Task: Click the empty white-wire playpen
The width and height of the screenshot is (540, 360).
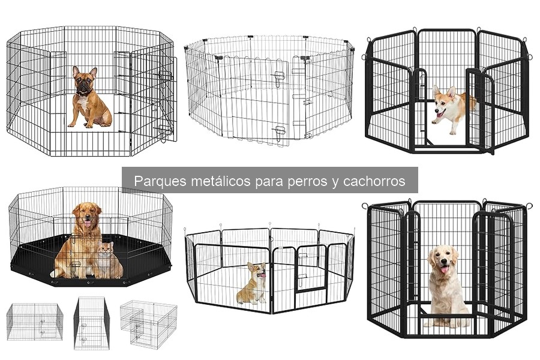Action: pyautogui.click(x=269, y=90)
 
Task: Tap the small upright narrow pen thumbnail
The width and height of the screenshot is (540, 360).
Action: pyautogui.click(x=92, y=323)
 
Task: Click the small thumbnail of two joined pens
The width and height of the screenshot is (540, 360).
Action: pyautogui.click(x=148, y=323)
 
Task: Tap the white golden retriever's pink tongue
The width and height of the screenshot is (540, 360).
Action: pyautogui.click(x=443, y=269)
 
